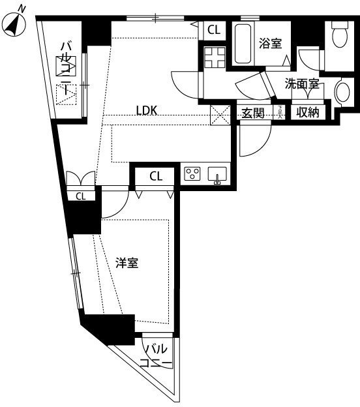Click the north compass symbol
click(x=15, y=23)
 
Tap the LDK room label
click(x=147, y=111)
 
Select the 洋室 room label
click(x=127, y=263)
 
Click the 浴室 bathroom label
click(x=271, y=43)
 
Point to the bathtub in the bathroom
click(x=243, y=44)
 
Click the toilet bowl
click(x=340, y=35)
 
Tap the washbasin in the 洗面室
click(x=343, y=91)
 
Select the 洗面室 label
click(x=302, y=83)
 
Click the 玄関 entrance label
click(x=253, y=113)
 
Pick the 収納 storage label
click(x=308, y=112)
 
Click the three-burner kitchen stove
click(x=192, y=173)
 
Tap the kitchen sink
click(x=217, y=174)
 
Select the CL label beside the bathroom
click(x=214, y=30)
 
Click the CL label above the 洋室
click(x=156, y=177)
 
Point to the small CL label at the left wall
click(x=80, y=196)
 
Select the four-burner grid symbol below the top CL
click(x=215, y=57)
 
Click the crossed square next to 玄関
click(x=220, y=115)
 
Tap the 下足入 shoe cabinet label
click(x=279, y=112)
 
